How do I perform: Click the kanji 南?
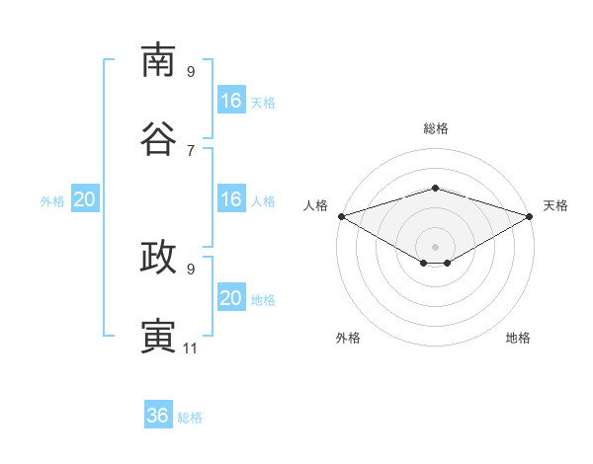[158, 60]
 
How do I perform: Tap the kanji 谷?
[158, 138]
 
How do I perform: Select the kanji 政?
[158, 257]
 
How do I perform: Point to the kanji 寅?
[158, 336]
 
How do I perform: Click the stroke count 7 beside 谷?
[191, 151]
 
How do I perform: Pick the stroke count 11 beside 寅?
[190, 348]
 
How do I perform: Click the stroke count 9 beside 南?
[191, 71]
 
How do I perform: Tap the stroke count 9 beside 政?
[191, 270]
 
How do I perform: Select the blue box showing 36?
[158, 414]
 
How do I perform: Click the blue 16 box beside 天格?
[231, 100]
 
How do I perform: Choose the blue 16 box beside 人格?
[231, 198]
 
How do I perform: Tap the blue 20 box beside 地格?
[231, 296]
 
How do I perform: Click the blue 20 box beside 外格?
[85, 198]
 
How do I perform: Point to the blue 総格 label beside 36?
[190, 418]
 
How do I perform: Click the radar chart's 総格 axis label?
[436, 129]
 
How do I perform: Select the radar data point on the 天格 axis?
[530, 216]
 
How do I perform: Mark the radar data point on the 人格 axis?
[342, 216]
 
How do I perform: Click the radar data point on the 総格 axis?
[435, 188]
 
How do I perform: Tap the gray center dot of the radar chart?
[435, 247]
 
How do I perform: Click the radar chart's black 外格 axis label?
[348, 338]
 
